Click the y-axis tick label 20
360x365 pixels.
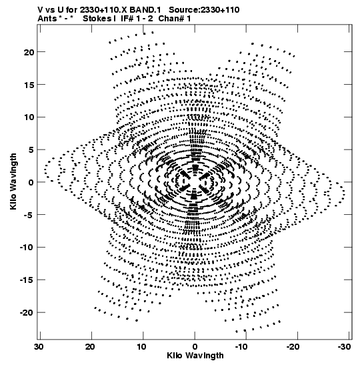pos(29,52)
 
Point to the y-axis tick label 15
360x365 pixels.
pos(29,85)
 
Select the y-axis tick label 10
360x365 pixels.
pos(29,117)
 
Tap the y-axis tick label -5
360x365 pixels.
pos(29,215)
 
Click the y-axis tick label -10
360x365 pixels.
pos(27,248)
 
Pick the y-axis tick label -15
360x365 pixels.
pos(27,280)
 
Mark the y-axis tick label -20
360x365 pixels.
pos(27,313)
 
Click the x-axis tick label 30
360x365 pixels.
pos(39,347)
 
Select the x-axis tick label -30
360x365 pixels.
pos(344,347)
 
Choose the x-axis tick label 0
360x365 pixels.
pos(195,347)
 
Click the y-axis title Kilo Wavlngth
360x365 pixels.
pos(13,181)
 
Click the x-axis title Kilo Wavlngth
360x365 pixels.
pos(195,356)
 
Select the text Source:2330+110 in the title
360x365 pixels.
pos(204,10)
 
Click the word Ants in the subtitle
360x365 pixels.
pos(47,19)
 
